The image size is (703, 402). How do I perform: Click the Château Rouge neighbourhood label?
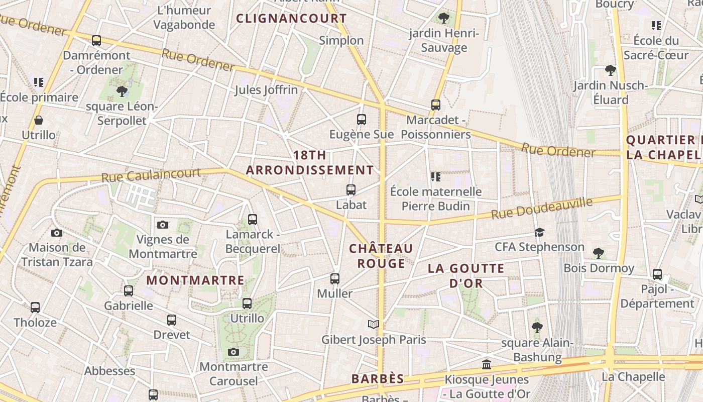pyautogui.click(x=381, y=256)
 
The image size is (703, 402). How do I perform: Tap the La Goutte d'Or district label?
pyautogui.click(x=465, y=275)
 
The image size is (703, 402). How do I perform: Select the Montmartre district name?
pyautogui.click(x=195, y=280)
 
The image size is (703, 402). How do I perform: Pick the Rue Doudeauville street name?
pyautogui.click(x=542, y=208)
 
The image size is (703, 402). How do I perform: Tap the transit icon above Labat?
pyautogui.click(x=351, y=190)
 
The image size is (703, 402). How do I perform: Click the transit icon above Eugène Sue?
pyautogui.click(x=362, y=120)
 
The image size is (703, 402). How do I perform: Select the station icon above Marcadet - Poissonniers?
pyautogui.click(x=436, y=105)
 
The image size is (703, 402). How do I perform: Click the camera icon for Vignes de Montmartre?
pyautogui.click(x=163, y=225)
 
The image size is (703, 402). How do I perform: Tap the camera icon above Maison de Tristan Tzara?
pyautogui.click(x=57, y=233)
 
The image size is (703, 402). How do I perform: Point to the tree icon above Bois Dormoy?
pyautogui.click(x=598, y=253)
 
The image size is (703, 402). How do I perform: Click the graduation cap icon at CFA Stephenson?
pyautogui.click(x=540, y=232)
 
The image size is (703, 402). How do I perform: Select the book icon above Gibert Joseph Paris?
pyautogui.click(x=373, y=325)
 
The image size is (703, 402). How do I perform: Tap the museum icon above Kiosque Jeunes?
pyautogui.click(x=486, y=365)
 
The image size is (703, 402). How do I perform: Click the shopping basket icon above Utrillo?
pyautogui.click(x=39, y=120)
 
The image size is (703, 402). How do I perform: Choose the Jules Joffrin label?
pyautogui.click(x=266, y=90)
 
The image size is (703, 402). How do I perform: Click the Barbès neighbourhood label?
pyautogui.click(x=378, y=378)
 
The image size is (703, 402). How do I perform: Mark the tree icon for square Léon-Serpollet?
pyautogui.click(x=122, y=91)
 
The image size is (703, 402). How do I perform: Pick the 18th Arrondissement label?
pyautogui.click(x=310, y=162)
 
